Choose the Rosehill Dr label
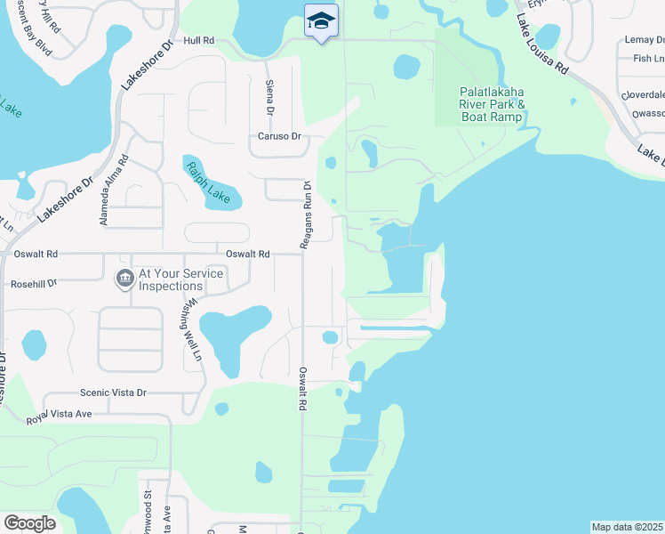point(34,284)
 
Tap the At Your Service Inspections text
point(170,280)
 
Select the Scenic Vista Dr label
point(113,392)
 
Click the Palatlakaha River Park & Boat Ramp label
point(493,103)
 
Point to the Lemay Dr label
point(644,40)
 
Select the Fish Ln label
point(646,59)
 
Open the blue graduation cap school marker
point(321,20)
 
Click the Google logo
point(30,523)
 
